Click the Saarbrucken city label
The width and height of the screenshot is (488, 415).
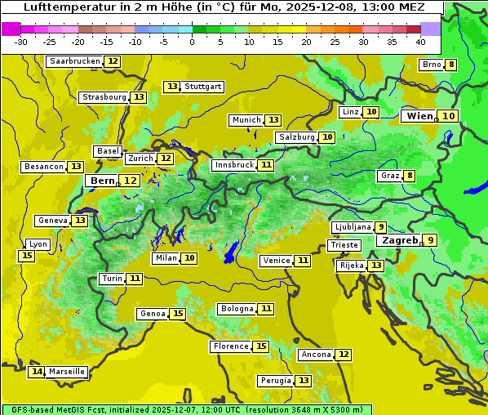point(75,61)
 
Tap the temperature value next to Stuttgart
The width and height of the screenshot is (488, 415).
point(171,87)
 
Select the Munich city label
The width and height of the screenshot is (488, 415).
point(246,120)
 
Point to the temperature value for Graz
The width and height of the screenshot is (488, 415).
point(409,176)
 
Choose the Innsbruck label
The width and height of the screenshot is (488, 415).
point(234,165)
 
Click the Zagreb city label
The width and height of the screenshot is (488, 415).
point(399,240)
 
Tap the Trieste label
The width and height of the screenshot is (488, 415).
point(344,245)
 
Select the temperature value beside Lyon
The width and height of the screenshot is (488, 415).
point(27,256)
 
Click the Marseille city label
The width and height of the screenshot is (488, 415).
point(66,372)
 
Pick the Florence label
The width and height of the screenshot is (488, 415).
point(230,346)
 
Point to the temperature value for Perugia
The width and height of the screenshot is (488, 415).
point(304,381)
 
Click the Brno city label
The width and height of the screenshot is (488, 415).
point(431,65)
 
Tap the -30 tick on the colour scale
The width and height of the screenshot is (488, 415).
point(21,41)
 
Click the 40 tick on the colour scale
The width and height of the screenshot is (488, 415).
point(420,41)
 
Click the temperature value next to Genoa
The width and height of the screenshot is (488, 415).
point(178,314)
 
